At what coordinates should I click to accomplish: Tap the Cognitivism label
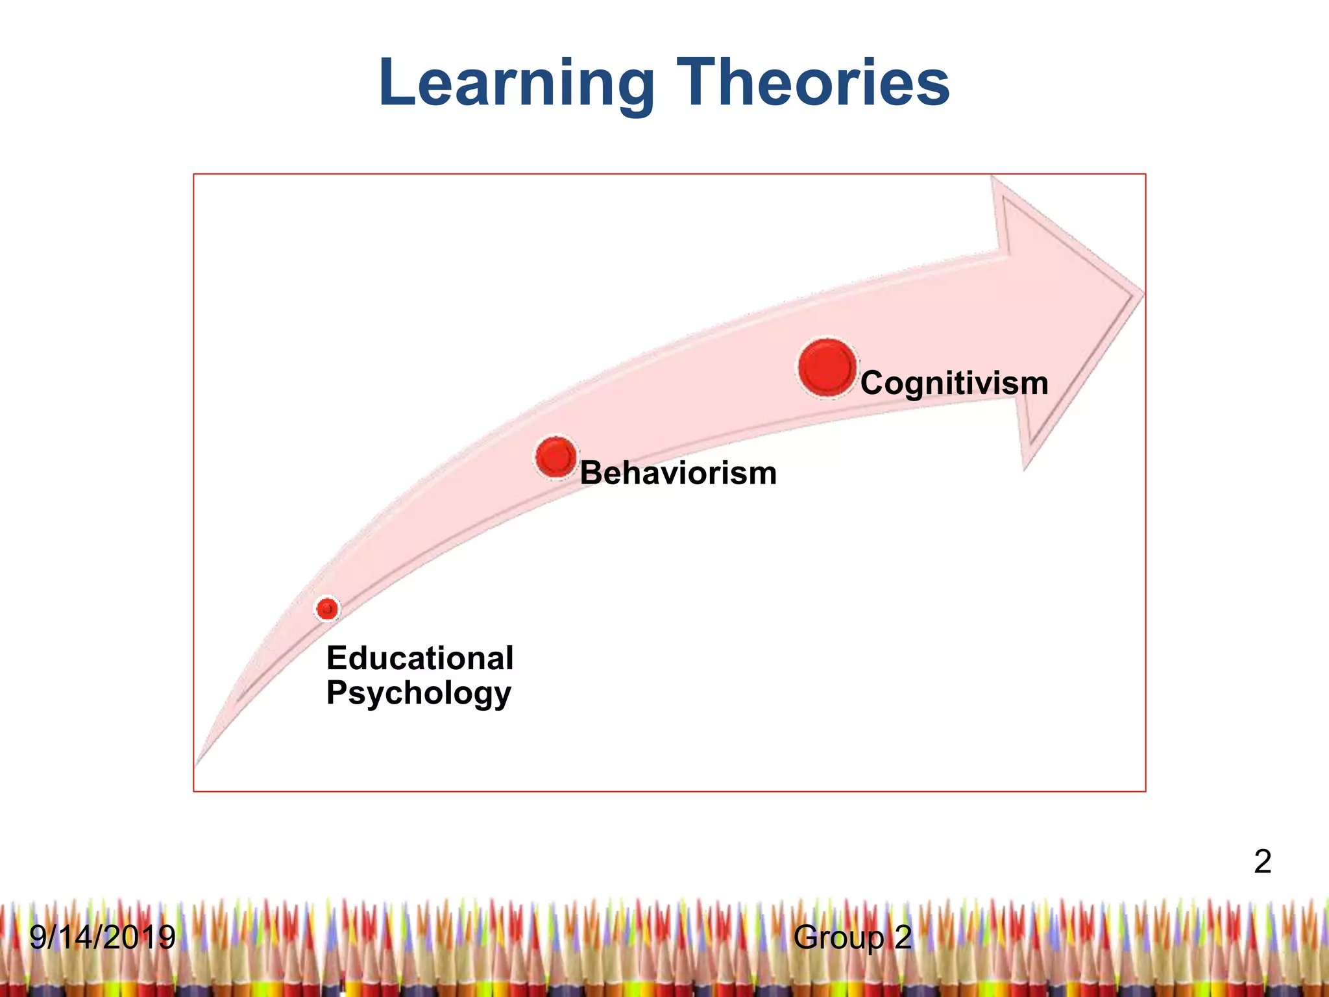954,383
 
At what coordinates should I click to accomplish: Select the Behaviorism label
678,473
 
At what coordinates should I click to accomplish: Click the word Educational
420,658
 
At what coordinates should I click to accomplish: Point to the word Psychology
419,693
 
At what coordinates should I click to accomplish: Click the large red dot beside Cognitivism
827,367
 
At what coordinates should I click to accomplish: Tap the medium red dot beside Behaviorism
556,457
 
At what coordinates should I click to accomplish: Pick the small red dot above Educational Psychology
327,609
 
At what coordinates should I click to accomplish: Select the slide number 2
1262,862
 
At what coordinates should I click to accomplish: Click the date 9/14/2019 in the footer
103,937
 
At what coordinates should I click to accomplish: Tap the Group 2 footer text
852,937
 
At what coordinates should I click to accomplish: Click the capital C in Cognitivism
873,383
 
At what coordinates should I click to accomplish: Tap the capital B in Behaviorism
592,473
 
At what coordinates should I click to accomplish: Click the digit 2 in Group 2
903,937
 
